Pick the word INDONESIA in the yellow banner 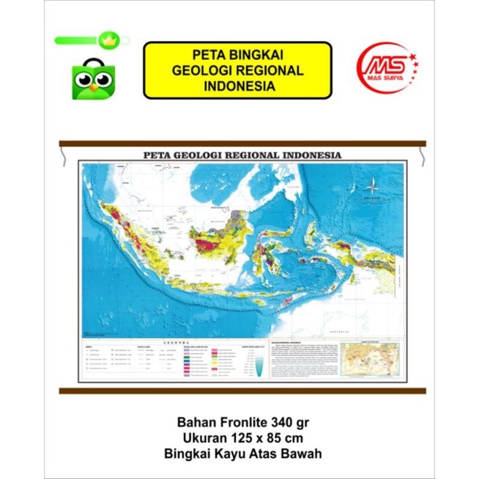(x=237, y=86)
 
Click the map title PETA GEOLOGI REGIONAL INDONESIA (x=242, y=156)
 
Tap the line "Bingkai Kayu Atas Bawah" (x=239, y=454)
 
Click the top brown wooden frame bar (x=242, y=143)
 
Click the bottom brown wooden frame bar (x=242, y=390)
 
